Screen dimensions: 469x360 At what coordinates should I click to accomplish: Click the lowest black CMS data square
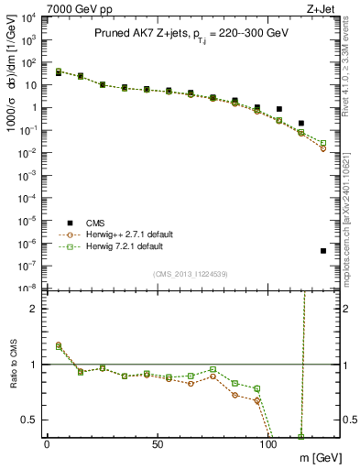coord(323,251)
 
